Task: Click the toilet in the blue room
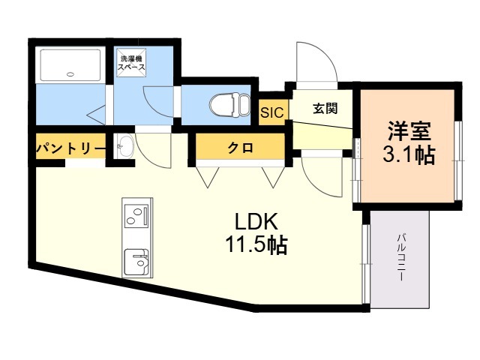coord(229,105)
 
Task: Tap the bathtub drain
coord(70,73)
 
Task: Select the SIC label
coord(272,112)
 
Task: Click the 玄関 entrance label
coord(325,108)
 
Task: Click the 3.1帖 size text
coord(409,155)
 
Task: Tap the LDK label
coord(256,221)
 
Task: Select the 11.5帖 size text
coord(256,245)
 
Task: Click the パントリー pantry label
coord(70,149)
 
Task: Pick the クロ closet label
coord(240,148)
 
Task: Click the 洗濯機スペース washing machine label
coord(132,63)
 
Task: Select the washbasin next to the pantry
coord(125,146)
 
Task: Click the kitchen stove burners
coord(136,216)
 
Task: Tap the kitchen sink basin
coord(136,262)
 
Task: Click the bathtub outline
coord(70,65)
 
